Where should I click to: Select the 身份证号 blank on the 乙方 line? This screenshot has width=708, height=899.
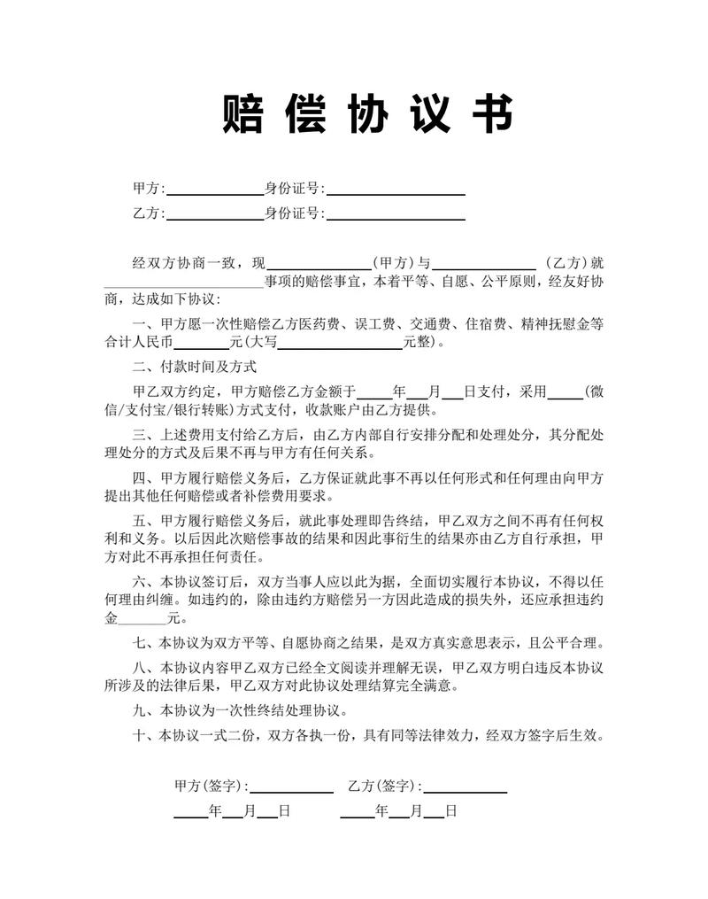396,214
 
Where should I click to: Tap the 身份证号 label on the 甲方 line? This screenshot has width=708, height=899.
293,189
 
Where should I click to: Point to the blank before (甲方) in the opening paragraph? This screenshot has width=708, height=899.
319,263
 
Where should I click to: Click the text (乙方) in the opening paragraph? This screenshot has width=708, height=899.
567,263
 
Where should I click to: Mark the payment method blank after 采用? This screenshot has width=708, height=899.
566,391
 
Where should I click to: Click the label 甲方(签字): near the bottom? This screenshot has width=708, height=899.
212,786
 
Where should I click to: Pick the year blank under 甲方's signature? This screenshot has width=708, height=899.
190,811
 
